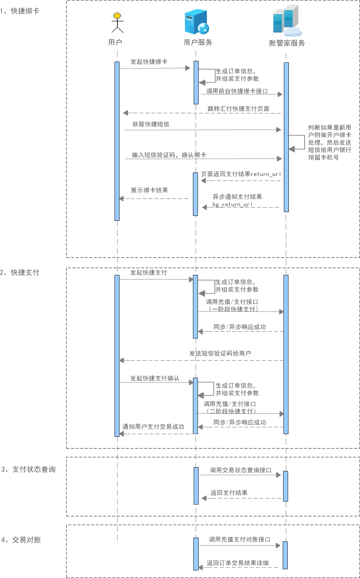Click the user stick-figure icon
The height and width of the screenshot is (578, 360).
click(118, 22)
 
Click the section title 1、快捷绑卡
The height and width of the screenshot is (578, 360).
click(20, 11)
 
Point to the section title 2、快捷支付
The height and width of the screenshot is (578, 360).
click(20, 273)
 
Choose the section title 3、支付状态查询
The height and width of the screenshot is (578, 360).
click(29, 469)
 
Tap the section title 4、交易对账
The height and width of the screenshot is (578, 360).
click(21, 540)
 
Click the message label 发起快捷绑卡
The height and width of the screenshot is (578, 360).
click(149, 62)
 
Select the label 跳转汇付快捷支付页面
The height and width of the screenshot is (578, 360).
click(238, 109)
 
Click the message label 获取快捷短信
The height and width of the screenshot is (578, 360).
click(151, 124)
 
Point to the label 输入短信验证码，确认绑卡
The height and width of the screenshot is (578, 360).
click(169, 155)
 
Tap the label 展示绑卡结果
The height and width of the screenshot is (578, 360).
click(149, 190)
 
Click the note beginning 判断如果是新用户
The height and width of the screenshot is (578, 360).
click(330, 142)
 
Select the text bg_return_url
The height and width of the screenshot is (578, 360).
click(232, 204)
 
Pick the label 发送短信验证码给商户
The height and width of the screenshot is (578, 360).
click(220, 353)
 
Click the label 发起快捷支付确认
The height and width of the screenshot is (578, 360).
click(155, 378)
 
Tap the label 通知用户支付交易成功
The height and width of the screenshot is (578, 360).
click(153, 427)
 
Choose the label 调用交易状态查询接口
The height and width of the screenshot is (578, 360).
click(241, 470)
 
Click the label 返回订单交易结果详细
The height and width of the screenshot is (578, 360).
click(237, 563)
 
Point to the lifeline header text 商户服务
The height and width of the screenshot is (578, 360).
click(198, 42)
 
